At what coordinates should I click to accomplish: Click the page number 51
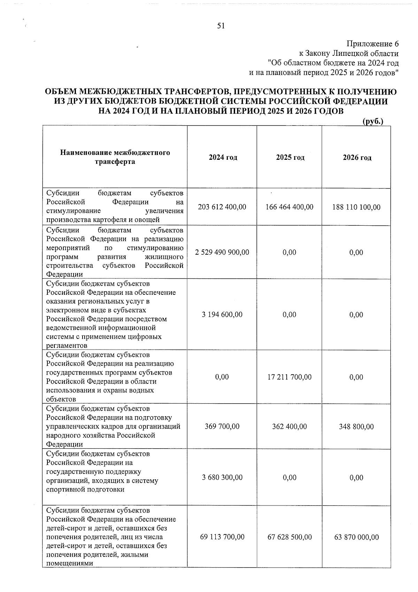point(221,26)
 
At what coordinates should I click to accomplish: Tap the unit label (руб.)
point(373,121)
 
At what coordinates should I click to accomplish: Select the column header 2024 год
point(223,157)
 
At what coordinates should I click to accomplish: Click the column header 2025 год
point(290,157)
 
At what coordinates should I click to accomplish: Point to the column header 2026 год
point(357,157)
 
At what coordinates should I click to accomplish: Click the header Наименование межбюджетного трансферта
point(115,157)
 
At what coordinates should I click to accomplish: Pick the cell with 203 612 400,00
point(222,207)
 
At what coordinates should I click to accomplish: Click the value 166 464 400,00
point(289,207)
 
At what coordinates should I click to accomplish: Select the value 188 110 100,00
point(356,207)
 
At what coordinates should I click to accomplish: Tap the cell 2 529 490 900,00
point(222,252)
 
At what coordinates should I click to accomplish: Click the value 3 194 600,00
point(222,315)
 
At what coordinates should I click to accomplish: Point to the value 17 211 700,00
point(289,377)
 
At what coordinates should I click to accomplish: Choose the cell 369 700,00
point(222,426)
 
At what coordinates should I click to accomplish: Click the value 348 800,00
point(356,427)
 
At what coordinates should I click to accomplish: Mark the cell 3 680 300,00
point(222,478)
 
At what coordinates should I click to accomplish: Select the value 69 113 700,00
point(222,537)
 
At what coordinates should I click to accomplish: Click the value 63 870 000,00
point(356,537)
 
